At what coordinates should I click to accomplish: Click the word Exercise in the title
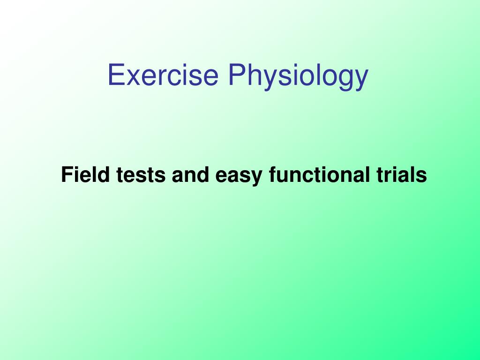163,75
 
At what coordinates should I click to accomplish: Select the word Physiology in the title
298,76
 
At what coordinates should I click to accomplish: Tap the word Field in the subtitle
85,174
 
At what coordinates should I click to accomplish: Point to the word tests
141,175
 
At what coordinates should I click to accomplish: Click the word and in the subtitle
190,174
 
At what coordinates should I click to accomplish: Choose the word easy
239,177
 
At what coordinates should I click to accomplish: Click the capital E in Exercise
116,75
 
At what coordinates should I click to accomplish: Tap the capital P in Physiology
237,75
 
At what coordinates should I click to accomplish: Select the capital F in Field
67,174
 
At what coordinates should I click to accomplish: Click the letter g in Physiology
338,80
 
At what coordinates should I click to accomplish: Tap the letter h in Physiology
255,75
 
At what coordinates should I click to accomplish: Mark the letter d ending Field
103,174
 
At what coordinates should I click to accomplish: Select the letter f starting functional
273,174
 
